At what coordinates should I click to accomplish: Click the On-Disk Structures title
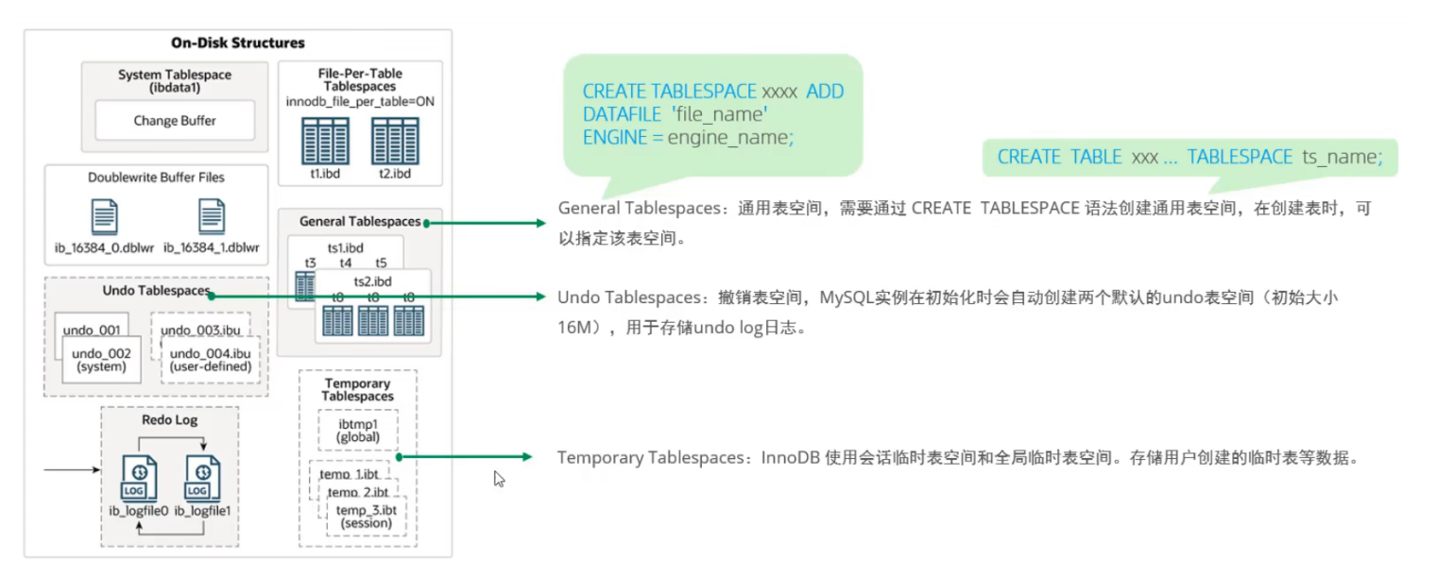237,42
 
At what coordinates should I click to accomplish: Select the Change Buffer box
175,120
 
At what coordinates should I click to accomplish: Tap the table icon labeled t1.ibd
325,141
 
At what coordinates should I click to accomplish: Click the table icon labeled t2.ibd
395,141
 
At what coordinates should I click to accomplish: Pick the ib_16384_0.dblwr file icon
105,216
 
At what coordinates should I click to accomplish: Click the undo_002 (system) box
101,360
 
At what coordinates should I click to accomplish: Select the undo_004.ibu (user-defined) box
211,360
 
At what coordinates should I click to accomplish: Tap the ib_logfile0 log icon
139,478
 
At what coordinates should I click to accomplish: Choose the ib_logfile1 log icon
202,478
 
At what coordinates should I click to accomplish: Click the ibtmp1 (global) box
358,430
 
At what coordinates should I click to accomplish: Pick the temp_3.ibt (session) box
366,517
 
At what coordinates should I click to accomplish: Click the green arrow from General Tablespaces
485,223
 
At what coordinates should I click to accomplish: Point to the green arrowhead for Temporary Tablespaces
526,457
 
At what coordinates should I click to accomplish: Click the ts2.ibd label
372,281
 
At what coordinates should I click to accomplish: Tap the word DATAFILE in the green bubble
622,115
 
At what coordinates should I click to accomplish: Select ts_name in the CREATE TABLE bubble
1343,157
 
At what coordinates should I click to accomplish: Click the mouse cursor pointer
499,479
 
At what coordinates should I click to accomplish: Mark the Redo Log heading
169,419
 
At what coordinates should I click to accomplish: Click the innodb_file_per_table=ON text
360,102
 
